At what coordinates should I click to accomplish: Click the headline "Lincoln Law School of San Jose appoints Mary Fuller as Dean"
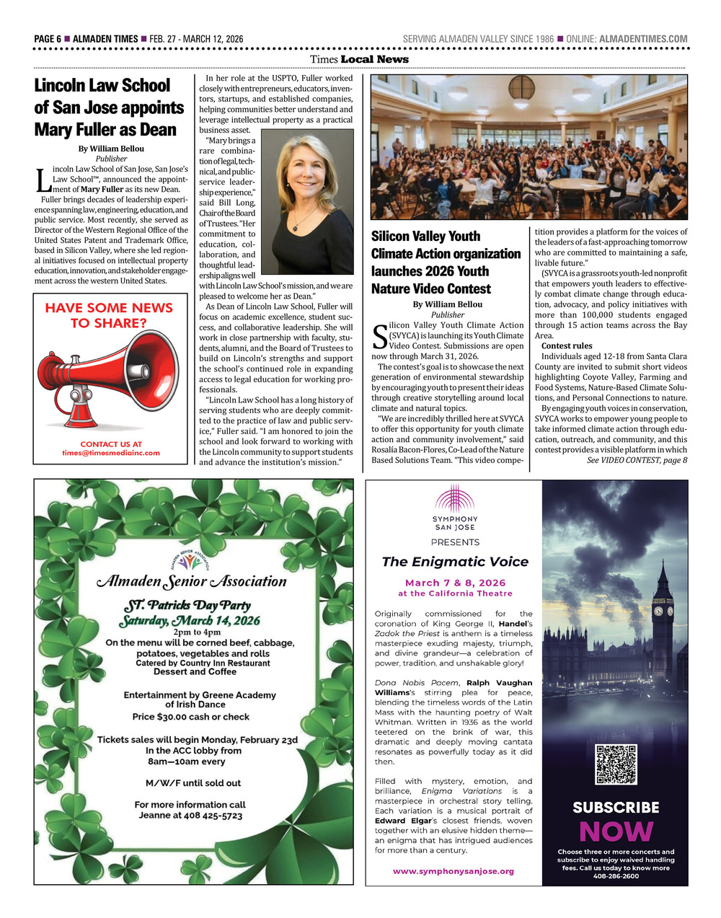coord(109,107)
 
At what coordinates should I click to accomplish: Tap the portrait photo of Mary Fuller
coord(307,201)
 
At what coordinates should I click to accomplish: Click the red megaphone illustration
coord(108,375)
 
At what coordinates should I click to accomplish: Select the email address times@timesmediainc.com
coord(111,453)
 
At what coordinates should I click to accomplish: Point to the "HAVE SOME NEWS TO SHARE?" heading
coord(109,315)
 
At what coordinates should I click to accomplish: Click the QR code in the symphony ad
coord(616,764)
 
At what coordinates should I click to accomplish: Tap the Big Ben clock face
coord(658,611)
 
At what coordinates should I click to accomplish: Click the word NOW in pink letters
coord(616,831)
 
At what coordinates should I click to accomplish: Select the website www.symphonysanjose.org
coord(454,871)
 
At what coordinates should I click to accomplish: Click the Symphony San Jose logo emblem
coord(455,500)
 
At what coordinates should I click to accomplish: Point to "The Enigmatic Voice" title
coord(455,562)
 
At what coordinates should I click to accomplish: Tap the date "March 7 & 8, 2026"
coord(455,583)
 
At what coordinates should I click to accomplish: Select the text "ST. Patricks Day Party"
coord(189,604)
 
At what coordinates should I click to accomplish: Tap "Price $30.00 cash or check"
coord(191,717)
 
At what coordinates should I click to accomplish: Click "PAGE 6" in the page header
coord(48,39)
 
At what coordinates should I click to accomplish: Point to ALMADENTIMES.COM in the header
coord(643,39)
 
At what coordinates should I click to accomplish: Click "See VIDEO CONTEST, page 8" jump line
coord(637,460)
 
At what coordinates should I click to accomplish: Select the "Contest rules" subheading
coord(567,346)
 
